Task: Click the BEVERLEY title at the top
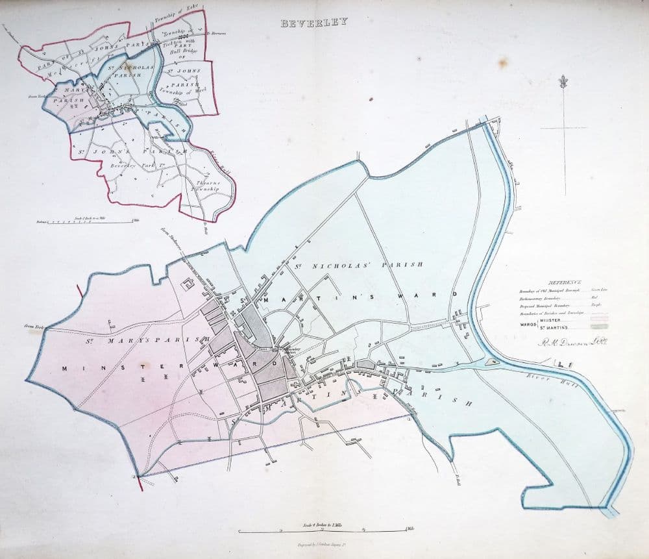pos(314,22)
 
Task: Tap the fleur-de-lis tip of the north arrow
pos(563,82)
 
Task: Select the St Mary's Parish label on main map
pos(149,340)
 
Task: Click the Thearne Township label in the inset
pos(208,187)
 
